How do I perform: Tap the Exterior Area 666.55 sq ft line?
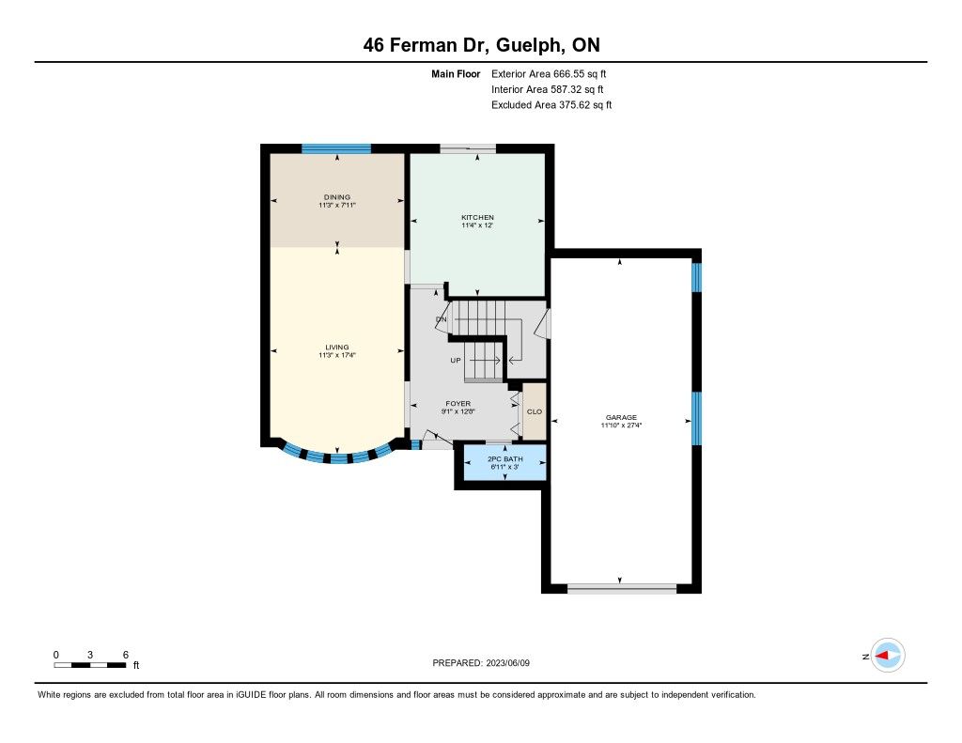pos(549,73)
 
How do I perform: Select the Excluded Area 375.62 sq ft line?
pos(551,105)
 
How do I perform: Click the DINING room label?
pos(337,197)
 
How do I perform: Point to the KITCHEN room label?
pos(477,217)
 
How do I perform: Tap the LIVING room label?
pos(337,348)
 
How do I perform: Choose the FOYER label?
pos(458,404)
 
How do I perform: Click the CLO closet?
pos(535,411)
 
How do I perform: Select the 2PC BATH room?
pos(504,462)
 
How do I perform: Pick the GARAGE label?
pos(622,417)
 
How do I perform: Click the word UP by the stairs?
pos(456,360)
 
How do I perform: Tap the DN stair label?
pos(442,319)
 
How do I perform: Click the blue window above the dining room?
pos(336,148)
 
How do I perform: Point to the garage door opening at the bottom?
pos(622,589)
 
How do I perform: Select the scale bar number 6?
pos(126,655)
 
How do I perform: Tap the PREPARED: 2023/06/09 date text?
pos(481,662)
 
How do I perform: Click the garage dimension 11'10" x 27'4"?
pos(622,425)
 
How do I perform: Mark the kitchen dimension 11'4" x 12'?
pos(477,225)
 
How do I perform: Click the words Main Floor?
pos(456,73)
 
